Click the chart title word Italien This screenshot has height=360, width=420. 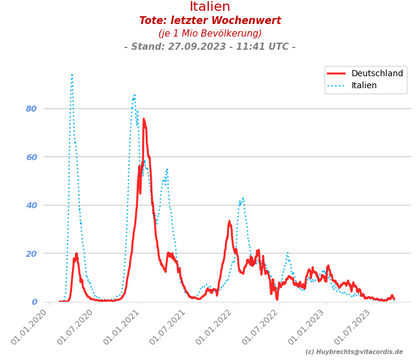click(x=210, y=7)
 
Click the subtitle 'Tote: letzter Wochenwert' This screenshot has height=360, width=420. click(x=210, y=21)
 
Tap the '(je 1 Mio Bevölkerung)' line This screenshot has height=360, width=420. click(x=210, y=34)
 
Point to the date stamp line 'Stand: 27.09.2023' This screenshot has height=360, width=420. click(x=210, y=47)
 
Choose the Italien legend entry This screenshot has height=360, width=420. click(x=364, y=86)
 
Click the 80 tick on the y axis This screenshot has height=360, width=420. click(x=31, y=109)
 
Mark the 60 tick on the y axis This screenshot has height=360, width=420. click(x=31, y=157)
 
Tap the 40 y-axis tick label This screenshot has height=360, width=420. click(x=31, y=205)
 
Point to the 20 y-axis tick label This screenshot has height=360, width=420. click(x=31, y=253)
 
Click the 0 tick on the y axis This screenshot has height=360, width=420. click(x=34, y=302)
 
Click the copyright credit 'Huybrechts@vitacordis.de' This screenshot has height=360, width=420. click(x=354, y=352)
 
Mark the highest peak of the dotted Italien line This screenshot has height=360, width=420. click(x=72, y=75)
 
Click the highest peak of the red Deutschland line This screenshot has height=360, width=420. click(x=143, y=119)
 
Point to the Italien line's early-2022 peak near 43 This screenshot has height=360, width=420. click(x=242, y=198)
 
